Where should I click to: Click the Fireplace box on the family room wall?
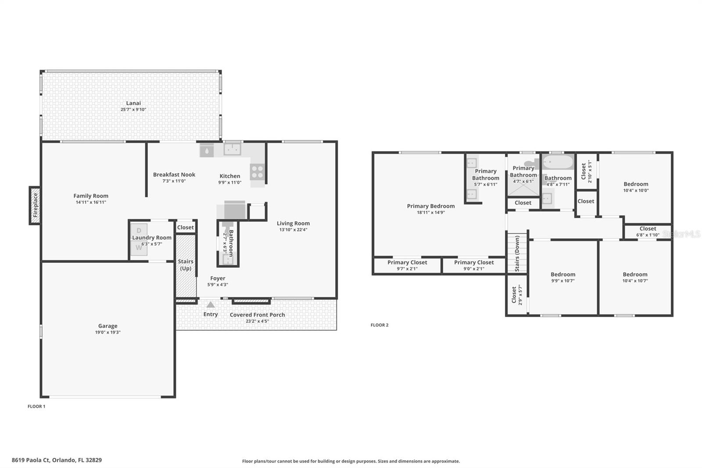[35, 205]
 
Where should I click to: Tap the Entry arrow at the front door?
[211, 305]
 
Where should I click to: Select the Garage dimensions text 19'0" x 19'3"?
[108, 332]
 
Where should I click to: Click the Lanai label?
[133, 103]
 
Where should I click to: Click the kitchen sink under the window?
[232, 149]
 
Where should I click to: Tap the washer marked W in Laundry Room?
[139, 248]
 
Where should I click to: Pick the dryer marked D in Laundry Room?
[139, 230]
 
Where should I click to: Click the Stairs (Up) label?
[186, 265]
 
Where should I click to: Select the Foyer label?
[218, 278]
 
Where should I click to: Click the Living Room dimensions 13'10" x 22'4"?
[293, 230]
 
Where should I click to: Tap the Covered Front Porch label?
[257, 315]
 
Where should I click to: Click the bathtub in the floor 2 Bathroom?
[558, 162]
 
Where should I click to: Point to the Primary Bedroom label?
[430, 206]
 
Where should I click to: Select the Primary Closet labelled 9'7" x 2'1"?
[407, 266]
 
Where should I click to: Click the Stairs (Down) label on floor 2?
[517, 253]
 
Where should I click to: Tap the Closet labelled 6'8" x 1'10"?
[648, 231]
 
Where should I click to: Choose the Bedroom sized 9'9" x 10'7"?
[563, 277]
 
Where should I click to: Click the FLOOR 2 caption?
[380, 325]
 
